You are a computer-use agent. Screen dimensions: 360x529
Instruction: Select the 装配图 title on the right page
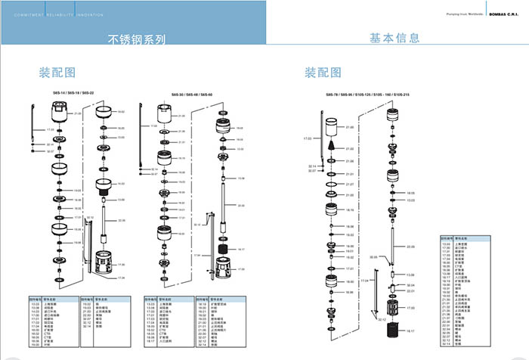pos(323,73)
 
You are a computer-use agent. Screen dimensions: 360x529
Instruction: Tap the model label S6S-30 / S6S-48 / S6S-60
pos(191,94)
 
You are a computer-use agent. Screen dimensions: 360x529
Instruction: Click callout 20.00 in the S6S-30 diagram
pos(241,205)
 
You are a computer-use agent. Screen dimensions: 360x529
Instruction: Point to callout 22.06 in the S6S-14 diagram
pos(120,221)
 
